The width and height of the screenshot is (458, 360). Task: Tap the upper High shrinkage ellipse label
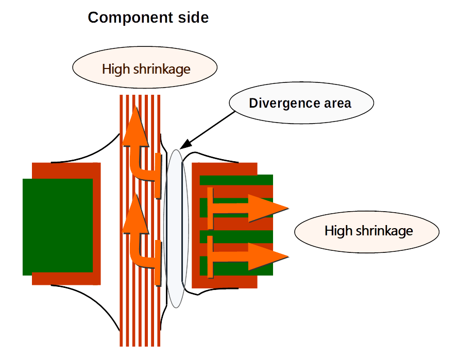tap(145, 67)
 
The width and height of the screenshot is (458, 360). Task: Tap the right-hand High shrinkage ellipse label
tap(367, 232)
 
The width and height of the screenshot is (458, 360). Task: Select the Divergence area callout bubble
tap(301, 103)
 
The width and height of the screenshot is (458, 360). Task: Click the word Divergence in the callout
tap(281, 104)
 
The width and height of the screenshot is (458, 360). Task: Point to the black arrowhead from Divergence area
tap(185, 145)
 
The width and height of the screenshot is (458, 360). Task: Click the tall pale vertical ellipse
tap(176, 229)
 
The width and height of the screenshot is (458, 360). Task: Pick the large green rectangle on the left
tap(58, 227)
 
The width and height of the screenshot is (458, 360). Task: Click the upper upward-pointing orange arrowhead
tap(135, 126)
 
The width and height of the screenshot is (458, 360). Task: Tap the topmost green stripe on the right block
tap(236, 180)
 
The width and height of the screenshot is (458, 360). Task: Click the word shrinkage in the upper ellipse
tap(162, 70)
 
